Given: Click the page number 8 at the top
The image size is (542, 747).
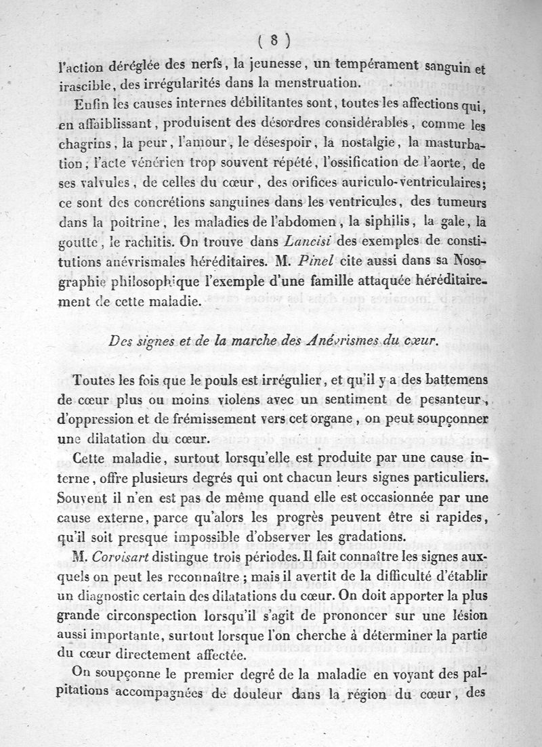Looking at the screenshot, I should pos(274,40).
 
